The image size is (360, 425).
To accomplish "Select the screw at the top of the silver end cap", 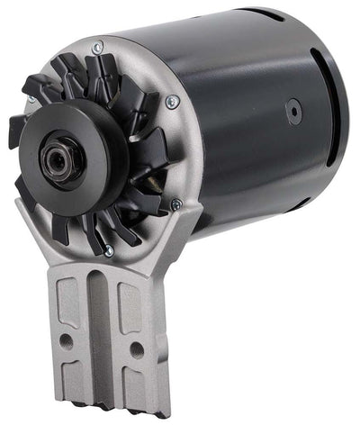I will [x=98, y=46].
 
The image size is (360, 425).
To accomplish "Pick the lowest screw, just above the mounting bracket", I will [x=108, y=252].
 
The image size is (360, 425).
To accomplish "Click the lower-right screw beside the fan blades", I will [x=175, y=204].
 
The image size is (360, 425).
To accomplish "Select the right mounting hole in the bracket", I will [x=135, y=347].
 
